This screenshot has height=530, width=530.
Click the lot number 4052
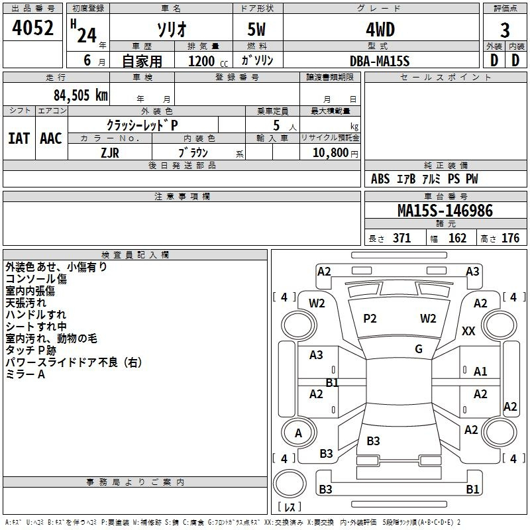coord(32,28)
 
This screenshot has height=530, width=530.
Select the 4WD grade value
coord(380,30)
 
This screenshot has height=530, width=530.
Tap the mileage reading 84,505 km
coord(81,95)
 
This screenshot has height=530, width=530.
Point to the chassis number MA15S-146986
coord(445,211)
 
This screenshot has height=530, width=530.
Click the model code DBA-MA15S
coord(380,61)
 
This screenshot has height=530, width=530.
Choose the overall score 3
coord(505,30)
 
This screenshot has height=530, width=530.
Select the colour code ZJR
coord(110,153)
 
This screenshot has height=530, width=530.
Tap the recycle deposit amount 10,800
coord(330,153)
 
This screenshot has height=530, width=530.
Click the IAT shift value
coord(19,138)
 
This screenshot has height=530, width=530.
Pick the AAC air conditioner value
coord(51,138)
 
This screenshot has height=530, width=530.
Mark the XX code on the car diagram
coord(468,331)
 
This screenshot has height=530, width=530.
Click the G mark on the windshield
coord(419,349)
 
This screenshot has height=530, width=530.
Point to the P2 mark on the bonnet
coord(370,319)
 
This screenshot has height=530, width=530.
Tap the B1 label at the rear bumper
coord(472,489)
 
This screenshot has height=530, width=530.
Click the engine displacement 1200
coord(201,61)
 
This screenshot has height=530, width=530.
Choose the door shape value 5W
coord(256,30)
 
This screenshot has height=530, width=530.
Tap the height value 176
coord(510,238)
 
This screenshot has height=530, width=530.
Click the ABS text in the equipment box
coord(380,179)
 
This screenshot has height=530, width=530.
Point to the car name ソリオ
coord(172,30)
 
